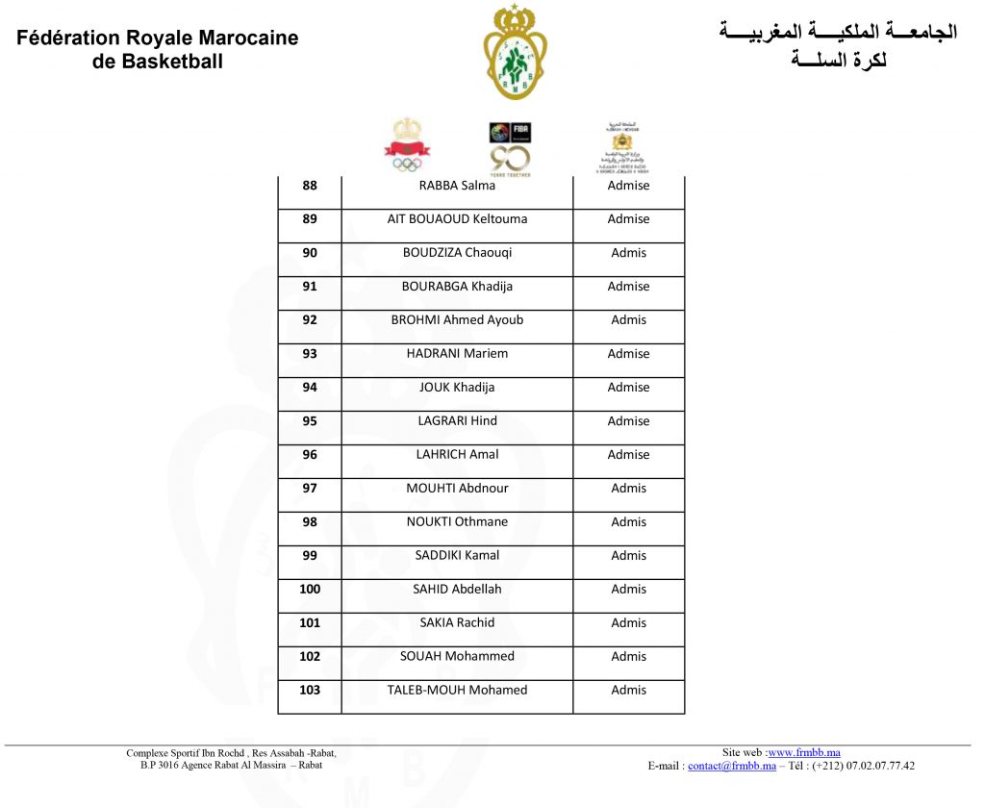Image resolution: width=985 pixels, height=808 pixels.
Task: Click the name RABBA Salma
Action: point(457,186)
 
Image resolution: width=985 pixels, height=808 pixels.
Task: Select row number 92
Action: point(310,320)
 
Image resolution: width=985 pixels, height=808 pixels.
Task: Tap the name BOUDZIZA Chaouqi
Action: point(457,253)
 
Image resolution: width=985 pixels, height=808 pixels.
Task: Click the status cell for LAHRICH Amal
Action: point(628,455)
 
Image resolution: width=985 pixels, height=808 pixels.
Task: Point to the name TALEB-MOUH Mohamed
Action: point(457,691)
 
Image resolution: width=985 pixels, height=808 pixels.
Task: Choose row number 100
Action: point(310,590)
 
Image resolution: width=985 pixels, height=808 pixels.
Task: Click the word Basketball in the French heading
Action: point(164,62)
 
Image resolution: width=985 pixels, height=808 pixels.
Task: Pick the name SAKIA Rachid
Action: point(457,623)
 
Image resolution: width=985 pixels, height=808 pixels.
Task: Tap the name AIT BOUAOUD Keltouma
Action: point(457,219)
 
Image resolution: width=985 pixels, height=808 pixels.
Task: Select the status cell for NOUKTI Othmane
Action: point(628,522)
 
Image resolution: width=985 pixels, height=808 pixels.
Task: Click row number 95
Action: point(310,421)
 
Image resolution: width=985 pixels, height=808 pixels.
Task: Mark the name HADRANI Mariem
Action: point(457,354)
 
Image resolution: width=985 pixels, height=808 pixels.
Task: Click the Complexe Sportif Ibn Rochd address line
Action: point(231,753)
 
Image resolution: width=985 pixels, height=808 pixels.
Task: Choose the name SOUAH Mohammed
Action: point(457,657)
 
